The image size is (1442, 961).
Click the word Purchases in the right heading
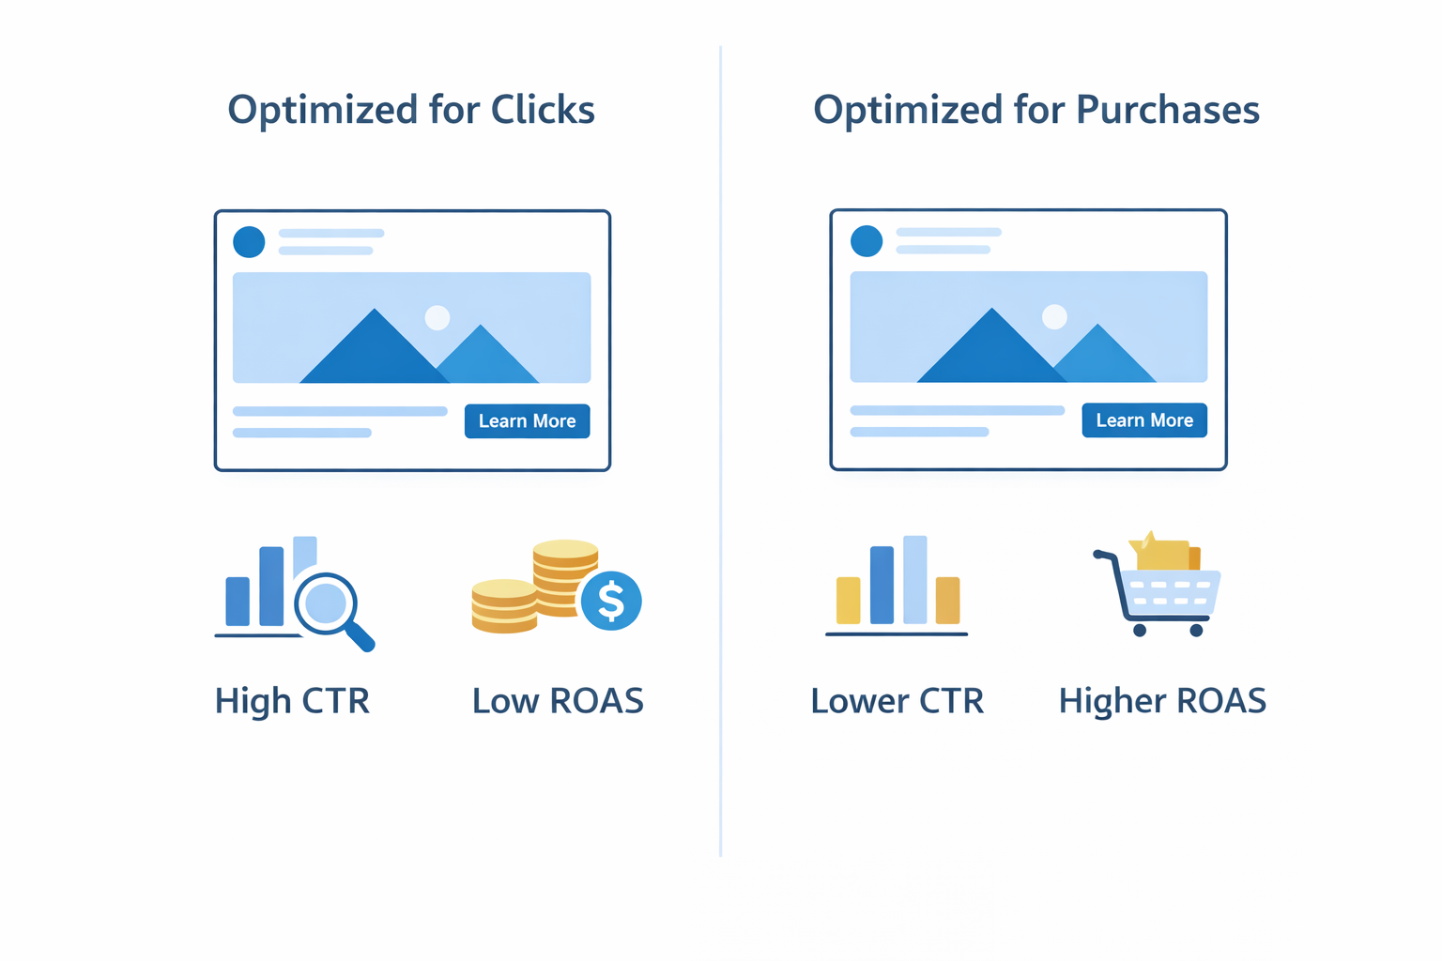(x=1167, y=110)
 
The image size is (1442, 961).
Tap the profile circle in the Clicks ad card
(x=249, y=242)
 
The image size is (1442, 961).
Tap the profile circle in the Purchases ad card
(x=867, y=241)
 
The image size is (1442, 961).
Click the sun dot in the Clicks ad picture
(x=437, y=317)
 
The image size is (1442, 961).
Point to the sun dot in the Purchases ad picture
(x=1054, y=316)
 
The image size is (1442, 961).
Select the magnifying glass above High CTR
(x=328, y=603)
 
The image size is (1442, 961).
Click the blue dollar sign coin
(x=611, y=601)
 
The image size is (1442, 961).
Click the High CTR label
(x=292, y=701)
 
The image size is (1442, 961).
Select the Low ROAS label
(x=558, y=701)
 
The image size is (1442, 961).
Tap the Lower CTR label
(x=897, y=701)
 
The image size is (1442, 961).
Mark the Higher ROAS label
(x=1162, y=701)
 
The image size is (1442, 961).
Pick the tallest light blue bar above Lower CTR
(x=915, y=580)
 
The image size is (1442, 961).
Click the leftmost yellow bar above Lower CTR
(x=849, y=601)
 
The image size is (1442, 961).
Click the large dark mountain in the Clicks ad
(x=375, y=352)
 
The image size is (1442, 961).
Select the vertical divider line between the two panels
(x=721, y=450)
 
